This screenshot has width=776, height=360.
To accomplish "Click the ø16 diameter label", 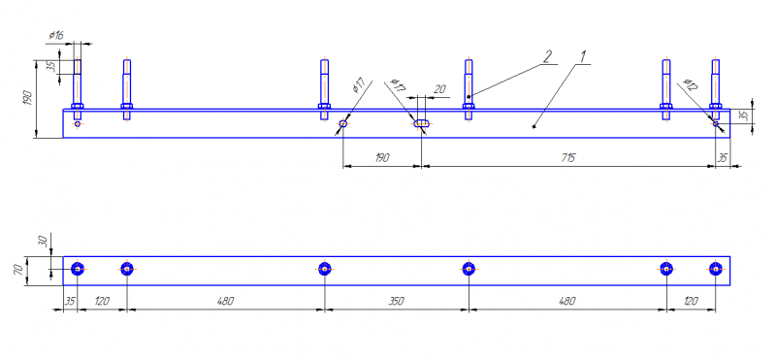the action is point(56,35).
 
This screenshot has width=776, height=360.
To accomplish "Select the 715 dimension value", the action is point(568,158).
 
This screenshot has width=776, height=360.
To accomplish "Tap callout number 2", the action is point(547,56).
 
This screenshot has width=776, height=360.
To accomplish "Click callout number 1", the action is point(584,56).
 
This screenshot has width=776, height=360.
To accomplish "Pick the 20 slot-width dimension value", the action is point(439,89).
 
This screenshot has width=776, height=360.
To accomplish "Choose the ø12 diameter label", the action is point(690,84).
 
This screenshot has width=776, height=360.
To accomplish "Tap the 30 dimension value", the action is point(43,242).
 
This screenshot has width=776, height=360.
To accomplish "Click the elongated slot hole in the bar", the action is point(421,123).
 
